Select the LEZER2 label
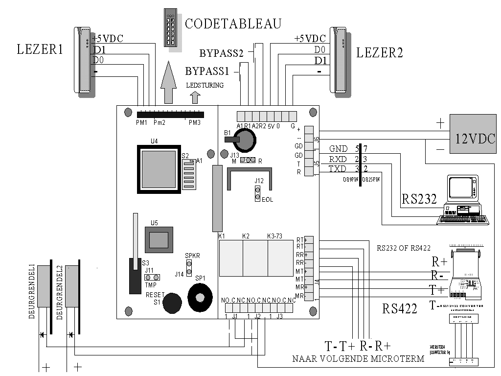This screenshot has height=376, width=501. click(x=380, y=53)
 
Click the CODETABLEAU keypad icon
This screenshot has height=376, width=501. click(x=170, y=28)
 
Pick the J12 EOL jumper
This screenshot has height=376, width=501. click(x=256, y=193)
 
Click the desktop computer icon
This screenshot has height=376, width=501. click(x=465, y=201)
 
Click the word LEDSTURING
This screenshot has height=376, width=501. click(x=205, y=85)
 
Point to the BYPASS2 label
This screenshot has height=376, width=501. click(x=222, y=53)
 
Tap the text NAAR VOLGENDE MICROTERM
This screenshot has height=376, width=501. click(x=358, y=359)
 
